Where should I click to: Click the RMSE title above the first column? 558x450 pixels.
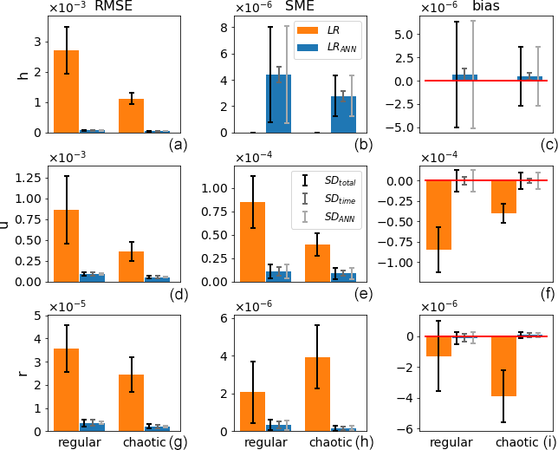(114, 7)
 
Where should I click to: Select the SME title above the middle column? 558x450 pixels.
(299, 7)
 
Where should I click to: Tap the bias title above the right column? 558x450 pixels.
(487, 7)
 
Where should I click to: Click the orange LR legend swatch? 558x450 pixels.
(308, 30)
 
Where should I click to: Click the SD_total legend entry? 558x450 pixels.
(332, 180)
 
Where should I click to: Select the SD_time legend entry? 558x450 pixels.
(332, 199)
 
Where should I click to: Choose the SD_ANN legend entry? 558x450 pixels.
(332, 218)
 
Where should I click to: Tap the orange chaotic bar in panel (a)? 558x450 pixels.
(132, 115)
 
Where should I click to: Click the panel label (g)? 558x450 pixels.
(178, 442)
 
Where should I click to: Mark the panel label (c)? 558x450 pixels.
(548, 145)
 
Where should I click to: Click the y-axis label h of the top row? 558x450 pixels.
(23, 75)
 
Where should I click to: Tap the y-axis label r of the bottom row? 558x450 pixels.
(23, 373)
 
